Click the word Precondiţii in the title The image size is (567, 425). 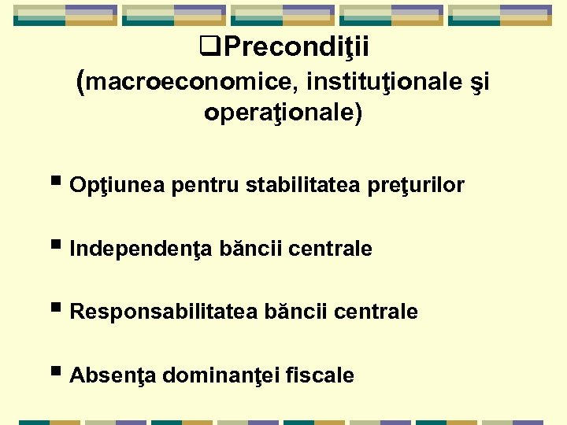pos(296,49)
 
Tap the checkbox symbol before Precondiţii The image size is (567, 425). pos(210,50)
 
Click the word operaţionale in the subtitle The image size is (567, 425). pos(280,113)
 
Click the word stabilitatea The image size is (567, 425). pos(304,186)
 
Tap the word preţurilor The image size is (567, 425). pos(416,186)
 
